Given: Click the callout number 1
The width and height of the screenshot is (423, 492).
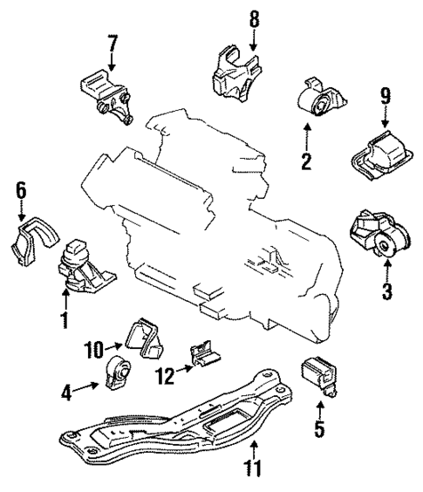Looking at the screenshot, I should (63, 322).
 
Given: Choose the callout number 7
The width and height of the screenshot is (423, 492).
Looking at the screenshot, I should (112, 44).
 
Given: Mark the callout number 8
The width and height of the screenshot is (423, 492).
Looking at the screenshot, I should (254, 18).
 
